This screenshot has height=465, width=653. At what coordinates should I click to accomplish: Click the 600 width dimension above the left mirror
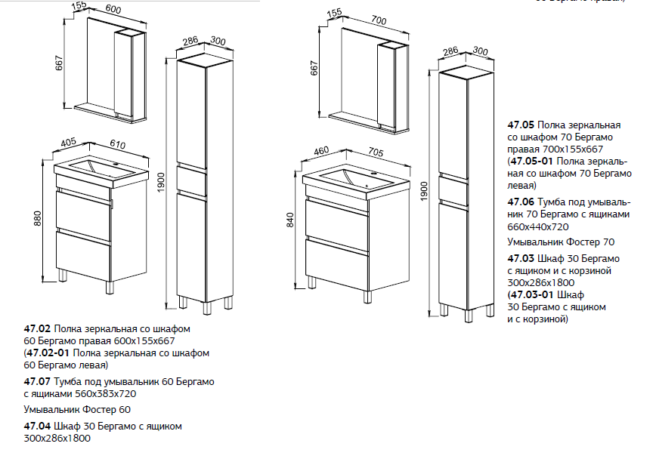pyautogui.click(x=113, y=9)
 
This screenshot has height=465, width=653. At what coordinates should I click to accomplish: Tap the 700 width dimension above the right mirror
pyautogui.click(x=379, y=20)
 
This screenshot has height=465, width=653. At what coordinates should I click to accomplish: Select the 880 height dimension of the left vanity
pyautogui.click(x=38, y=219)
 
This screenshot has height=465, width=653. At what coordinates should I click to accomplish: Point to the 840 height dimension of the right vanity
pyautogui.click(x=290, y=220)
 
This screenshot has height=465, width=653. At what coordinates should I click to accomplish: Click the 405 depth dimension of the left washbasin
pyautogui.click(x=68, y=142)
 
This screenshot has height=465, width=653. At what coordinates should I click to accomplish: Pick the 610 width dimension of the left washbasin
pyautogui.click(x=117, y=144)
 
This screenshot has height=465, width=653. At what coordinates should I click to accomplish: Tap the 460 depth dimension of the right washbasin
pyautogui.click(x=321, y=150)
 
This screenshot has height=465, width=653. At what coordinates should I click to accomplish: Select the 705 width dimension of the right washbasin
pyautogui.click(x=376, y=152)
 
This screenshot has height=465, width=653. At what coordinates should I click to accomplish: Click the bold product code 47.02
pyautogui.click(x=37, y=328)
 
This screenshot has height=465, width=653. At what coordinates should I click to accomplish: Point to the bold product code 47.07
pyautogui.click(x=37, y=381)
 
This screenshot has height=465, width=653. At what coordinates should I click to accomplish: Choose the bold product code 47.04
pyautogui.click(x=37, y=427)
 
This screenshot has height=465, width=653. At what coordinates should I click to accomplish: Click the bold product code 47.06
pyautogui.click(x=521, y=202)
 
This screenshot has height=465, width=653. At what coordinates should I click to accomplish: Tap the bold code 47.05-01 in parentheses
pyautogui.click(x=532, y=162)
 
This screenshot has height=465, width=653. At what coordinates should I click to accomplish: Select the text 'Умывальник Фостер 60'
pyautogui.click(x=77, y=410)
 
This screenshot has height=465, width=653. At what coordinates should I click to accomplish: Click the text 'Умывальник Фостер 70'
pyautogui.click(x=561, y=242)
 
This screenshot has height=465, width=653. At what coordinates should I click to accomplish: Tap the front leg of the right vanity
pyautogui.click(x=367, y=297)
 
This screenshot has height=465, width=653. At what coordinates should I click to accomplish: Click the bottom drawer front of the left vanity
pyautogui.click(x=83, y=255)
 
